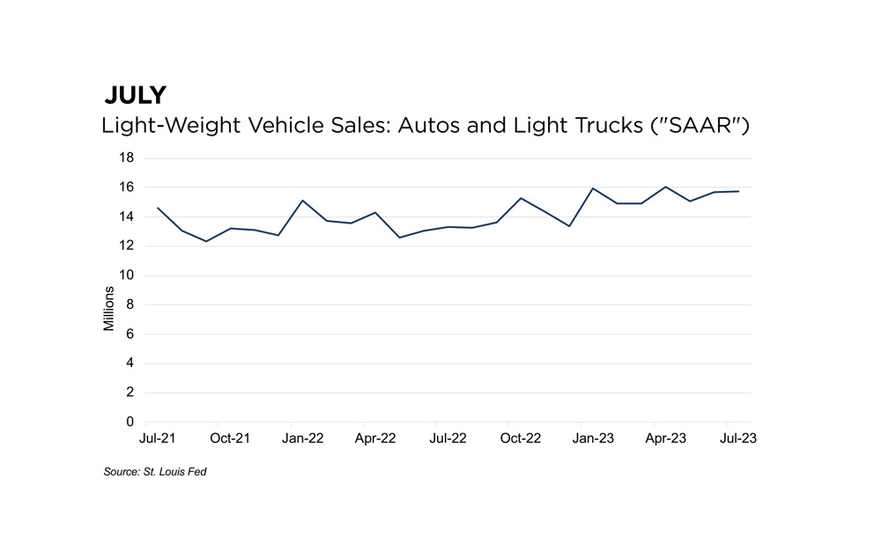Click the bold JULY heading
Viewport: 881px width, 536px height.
pos(135,95)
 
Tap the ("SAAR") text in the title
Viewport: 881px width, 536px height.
pos(700,126)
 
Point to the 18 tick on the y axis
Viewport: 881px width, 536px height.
pos(126,158)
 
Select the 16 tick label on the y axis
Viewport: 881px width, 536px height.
pos(126,187)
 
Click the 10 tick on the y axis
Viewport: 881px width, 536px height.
pos(126,275)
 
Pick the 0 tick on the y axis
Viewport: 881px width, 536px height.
pos(130,422)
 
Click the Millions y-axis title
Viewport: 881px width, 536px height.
pos(109,308)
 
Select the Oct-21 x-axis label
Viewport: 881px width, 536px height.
pos(231,437)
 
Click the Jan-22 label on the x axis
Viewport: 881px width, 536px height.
pos(303,437)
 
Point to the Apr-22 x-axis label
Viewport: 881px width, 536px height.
pos(375,437)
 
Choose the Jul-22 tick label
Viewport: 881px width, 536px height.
pos(448,437)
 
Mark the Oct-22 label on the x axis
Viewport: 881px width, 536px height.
pos(521,437)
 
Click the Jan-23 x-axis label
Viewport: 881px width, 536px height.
pos(593,437)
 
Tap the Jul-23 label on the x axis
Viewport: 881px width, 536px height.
pos(738,437)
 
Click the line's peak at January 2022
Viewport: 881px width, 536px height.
pos(303,201)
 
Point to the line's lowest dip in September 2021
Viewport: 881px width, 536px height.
pos(206,241)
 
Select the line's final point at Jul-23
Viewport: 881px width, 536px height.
pos(738,191)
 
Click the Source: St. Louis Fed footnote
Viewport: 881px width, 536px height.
pos(155,473)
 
